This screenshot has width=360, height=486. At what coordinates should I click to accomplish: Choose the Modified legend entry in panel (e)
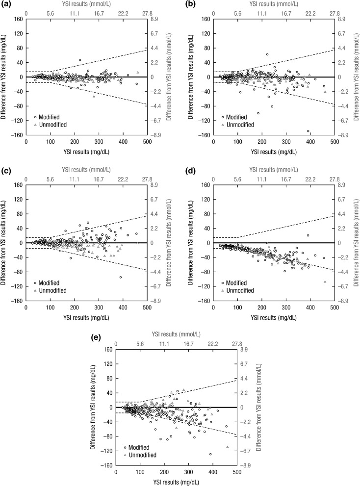pos(138,448)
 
